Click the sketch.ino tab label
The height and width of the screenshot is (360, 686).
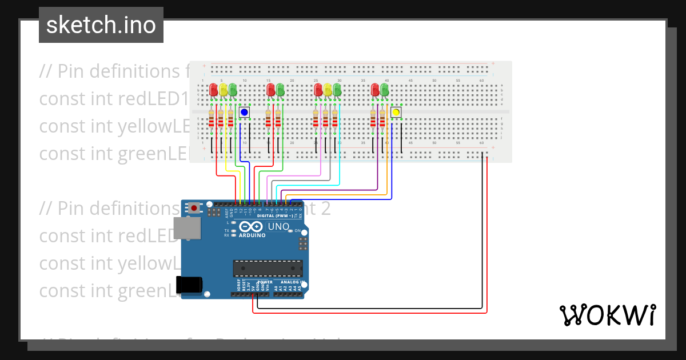coord(101,25)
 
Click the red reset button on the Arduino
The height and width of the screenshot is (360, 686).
coord(194,209)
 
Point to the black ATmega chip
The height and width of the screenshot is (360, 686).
coord(268,269)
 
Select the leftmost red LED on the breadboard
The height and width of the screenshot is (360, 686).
coord(214,90)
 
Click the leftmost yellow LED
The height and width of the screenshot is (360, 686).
coord(224,90)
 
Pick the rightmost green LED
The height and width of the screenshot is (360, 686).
coord(385,90)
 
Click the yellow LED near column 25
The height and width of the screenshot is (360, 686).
coord(328,90)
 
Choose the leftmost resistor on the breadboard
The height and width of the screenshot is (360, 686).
coord(212,119)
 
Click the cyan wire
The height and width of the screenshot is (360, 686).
coord(309,185)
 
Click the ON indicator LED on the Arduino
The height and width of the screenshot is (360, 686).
coord(290,231)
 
